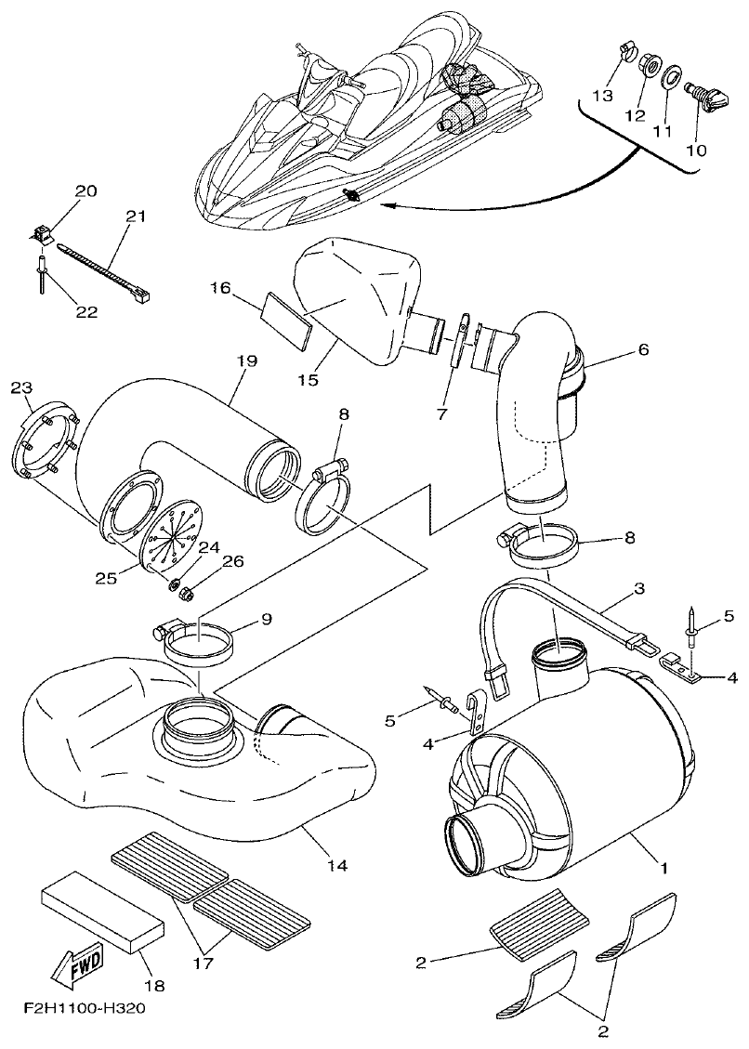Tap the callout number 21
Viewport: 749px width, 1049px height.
coord(136,216)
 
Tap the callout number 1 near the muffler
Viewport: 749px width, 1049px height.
coord(664,869)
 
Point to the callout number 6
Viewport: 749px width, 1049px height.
coord(642,350)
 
